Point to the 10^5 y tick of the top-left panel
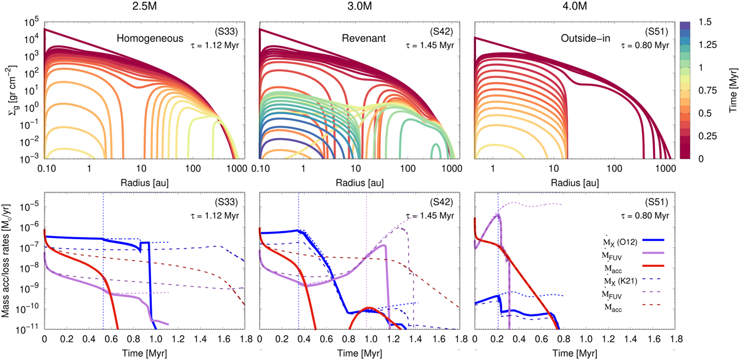(30, 22)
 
